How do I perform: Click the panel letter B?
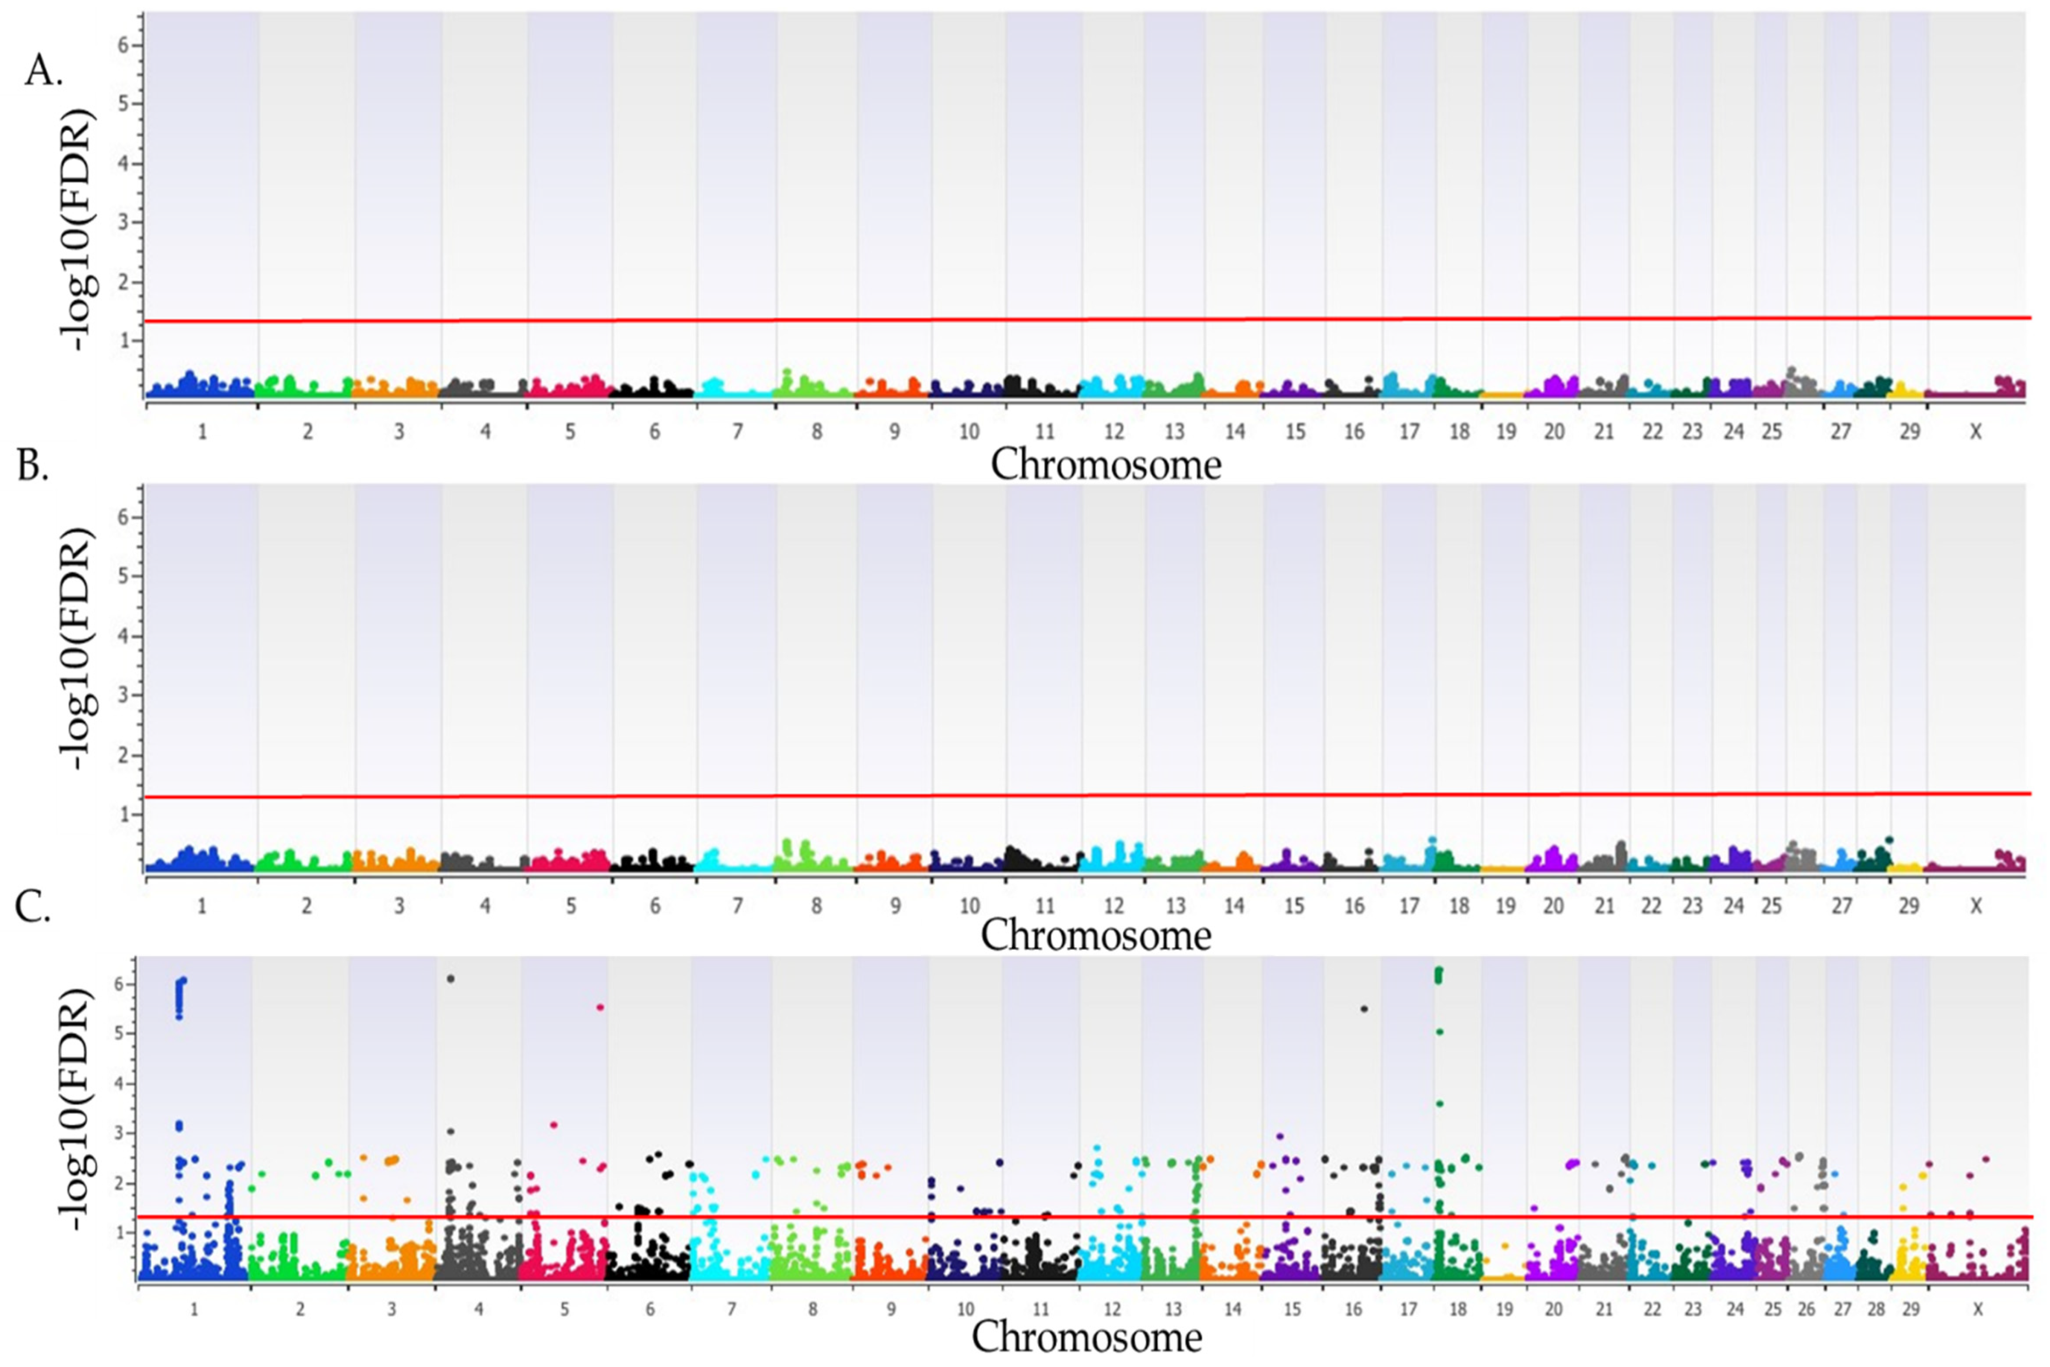click(33, 467)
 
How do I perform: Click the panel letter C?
click(33, 907)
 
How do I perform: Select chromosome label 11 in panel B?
click(1045, 907)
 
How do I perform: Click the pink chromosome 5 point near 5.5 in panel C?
click(600, 1008)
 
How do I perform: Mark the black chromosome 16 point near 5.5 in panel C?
click(1364, 1009)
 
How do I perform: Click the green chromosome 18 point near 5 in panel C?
click(1440, 1032)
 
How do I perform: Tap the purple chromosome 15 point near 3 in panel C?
click(1280, 1137)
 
